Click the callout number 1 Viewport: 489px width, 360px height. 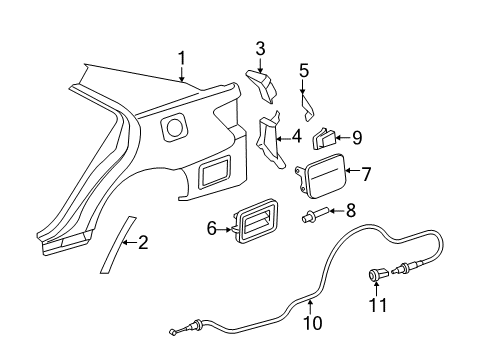[x=181, y=59]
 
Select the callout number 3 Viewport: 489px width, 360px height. [x=260, y=47]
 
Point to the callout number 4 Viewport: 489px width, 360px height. [x=297, y=139]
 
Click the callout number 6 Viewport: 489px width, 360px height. [x=212, y=229]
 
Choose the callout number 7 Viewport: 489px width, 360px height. [x=366, y=174]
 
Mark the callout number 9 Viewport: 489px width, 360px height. [x=356, y=139]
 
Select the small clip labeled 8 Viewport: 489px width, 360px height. [x=314, y=214]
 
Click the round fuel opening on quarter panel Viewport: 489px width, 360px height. [x=174, y=128]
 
